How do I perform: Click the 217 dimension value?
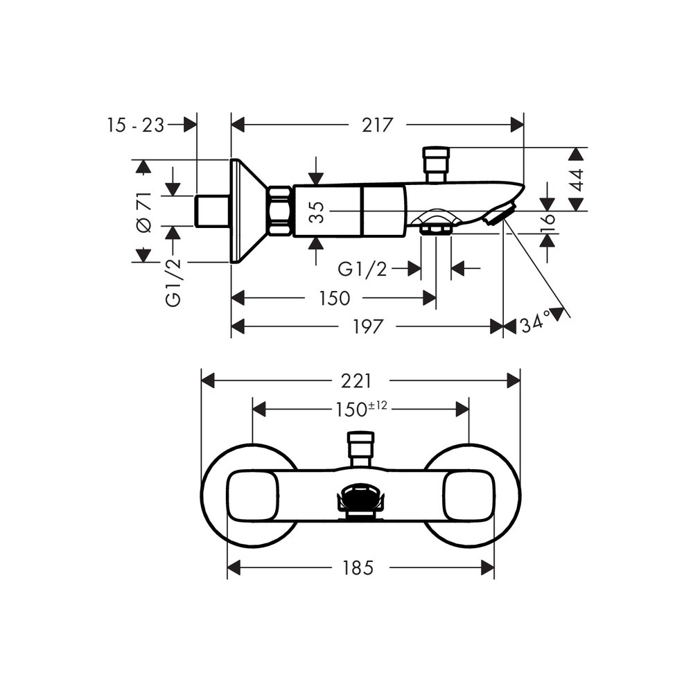pyautogui.click(x=377, y=125)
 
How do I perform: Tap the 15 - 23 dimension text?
pyautogui.click(x=136, y=125)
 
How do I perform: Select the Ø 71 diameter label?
pyautogui.click(x=145, y=212)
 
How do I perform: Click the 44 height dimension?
pyautogui.click(x=577, y=180)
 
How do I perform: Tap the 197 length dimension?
pyautogui.click(x=368, y=326)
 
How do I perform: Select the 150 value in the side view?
pyautogui.click(x=335, y=298)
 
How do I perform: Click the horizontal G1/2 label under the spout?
pyautogui.click(x=362, y=269)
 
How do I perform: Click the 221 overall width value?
pyautogui.click(x=356, y=381)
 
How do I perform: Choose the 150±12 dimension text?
pyautogui.click(x=361, y=409)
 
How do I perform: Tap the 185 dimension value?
pyautogui.click(x=358, y=568)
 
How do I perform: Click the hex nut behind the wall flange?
pyautogui.click(x=280, y=211)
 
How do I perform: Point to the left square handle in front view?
pyautogui.click(x=253, y=495)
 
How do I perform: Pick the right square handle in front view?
pyautogui.click(x=469, y=495)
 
